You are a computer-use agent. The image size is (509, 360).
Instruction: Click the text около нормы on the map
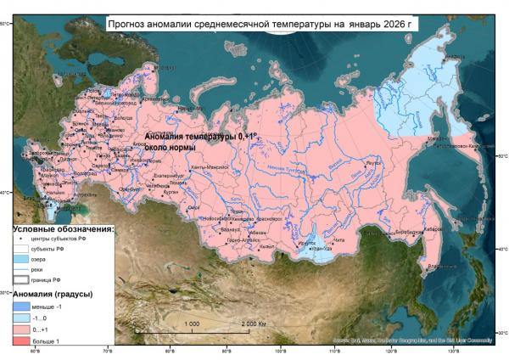point(171,148)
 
